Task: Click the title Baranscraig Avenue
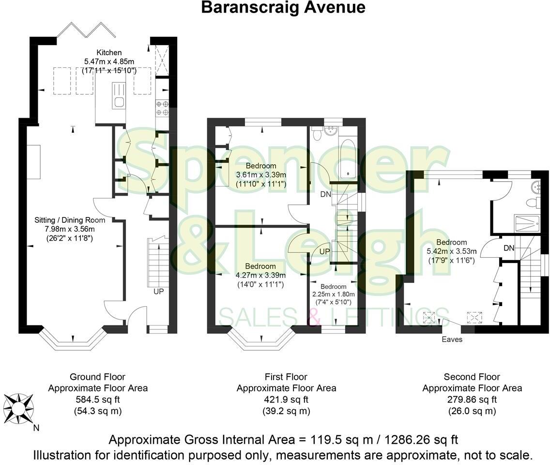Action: pos(283,7)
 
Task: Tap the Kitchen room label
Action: pos(109,52)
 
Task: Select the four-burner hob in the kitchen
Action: pos(162,108)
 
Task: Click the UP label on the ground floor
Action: pos(158,292)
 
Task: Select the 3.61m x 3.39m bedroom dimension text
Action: pos(261,175)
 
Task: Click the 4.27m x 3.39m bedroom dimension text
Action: pos(260,275)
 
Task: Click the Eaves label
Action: pos(452,340)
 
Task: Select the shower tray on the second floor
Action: pos(530,223)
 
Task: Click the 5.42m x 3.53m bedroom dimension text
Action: pos(452,251)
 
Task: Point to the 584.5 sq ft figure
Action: pos(98,400)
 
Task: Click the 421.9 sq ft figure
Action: pos(286,400)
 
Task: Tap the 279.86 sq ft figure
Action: pos(472,400)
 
